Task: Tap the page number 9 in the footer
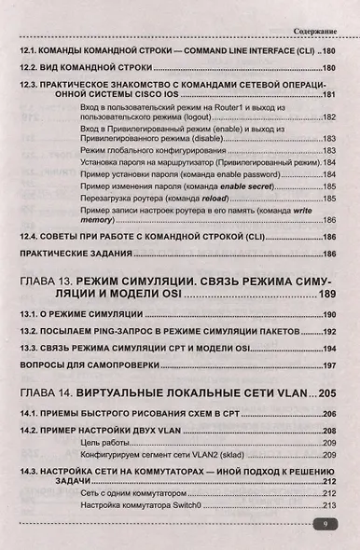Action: pyautogui.click(x=323, y=526)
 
